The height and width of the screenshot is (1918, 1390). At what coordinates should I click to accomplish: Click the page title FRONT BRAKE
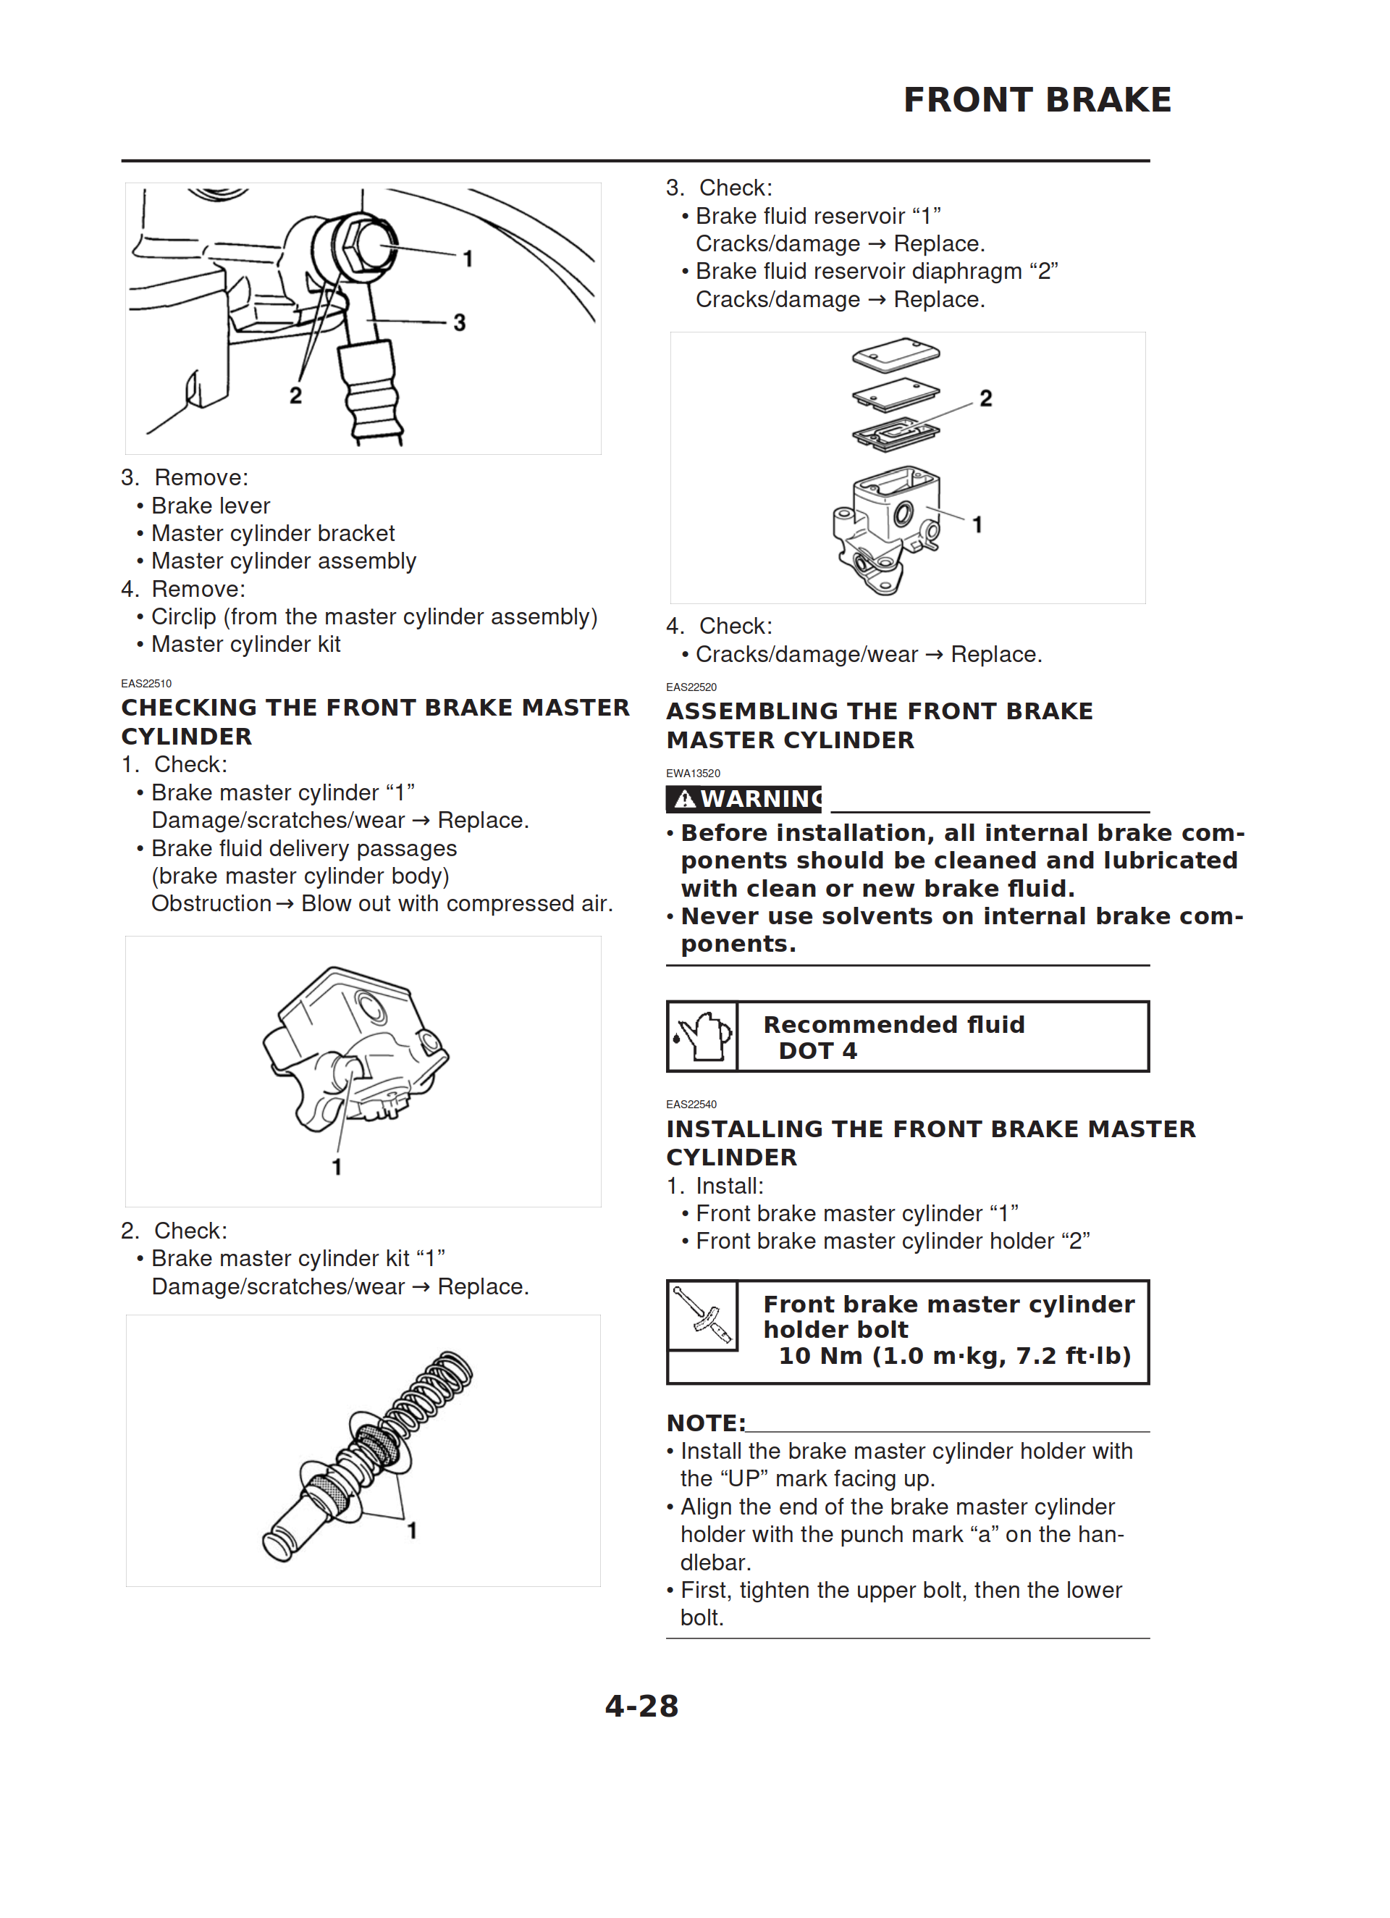tap(1037, 100)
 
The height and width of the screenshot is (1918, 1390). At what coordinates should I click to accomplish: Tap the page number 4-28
tap(641, 1706)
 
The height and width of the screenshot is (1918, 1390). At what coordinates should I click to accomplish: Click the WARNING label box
tap(744, 798)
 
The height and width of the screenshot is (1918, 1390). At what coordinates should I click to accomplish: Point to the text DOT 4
tap(817, 1051)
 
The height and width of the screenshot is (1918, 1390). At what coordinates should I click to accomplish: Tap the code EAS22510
tap(146, 683)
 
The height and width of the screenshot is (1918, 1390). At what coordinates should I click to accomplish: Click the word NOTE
tap(704, 1423)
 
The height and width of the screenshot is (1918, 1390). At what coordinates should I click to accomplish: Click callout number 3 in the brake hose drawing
tap(459, 322)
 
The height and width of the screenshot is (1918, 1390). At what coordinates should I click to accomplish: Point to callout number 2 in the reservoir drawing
tap(985, 398)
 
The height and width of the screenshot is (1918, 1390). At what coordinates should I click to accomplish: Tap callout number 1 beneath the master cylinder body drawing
tap(337, 1167)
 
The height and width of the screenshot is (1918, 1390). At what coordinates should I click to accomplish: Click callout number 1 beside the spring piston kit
tap(412, 1530)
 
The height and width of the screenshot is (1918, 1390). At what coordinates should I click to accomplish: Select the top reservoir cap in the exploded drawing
tap(896, 354)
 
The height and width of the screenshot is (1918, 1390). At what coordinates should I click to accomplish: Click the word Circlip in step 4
tap(183, 617)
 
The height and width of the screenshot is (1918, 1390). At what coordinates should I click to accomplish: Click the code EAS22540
tap(691, 1105)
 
